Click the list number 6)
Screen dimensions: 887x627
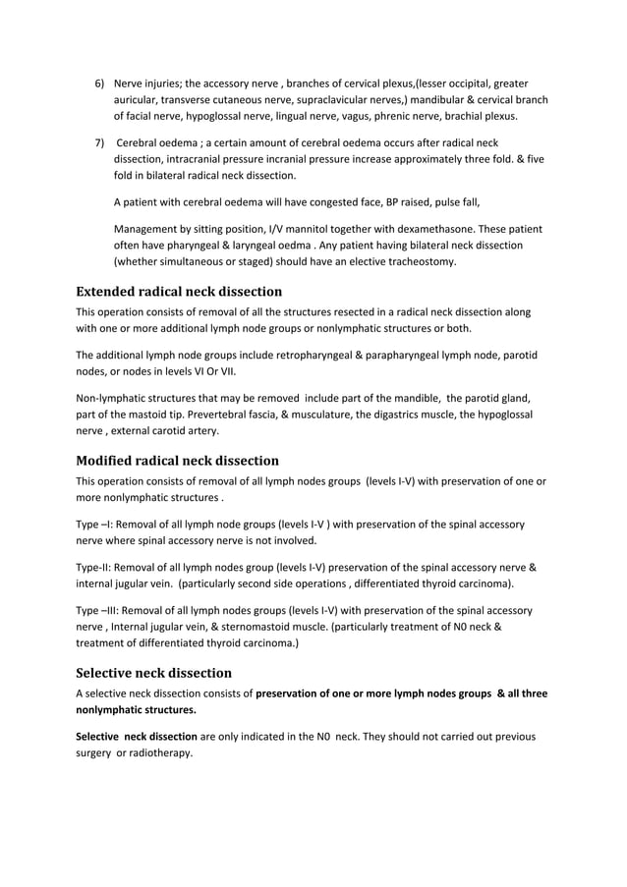pyautogui.click(x=100, y=83)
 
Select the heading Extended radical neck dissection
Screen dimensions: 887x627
pyautogui.click(x=179, y=292)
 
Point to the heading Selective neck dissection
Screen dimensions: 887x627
pyautogui.click(x=154, y=673)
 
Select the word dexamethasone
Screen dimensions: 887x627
pyautogui.click(x=416, y=229)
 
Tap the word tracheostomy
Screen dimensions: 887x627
pyautogui.click(x=423, y=261)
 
